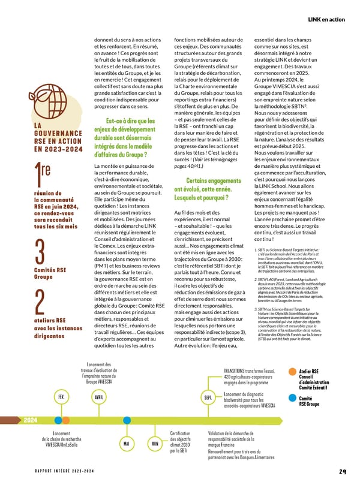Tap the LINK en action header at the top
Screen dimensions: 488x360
pyautogui.click(x=326, y=19)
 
